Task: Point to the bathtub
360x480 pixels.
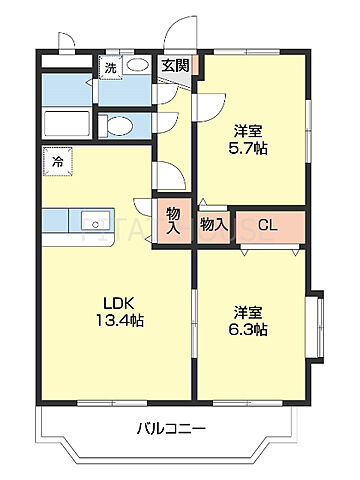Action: [68, 126]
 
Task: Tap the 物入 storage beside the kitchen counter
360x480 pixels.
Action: [173, 219]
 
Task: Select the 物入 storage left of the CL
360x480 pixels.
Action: [212, 225]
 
